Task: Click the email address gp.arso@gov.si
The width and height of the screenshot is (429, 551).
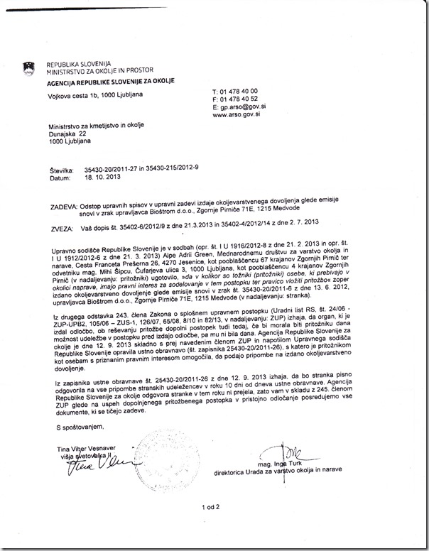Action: tap(239, 107)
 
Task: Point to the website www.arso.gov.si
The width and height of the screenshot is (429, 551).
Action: tap(237, 114)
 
